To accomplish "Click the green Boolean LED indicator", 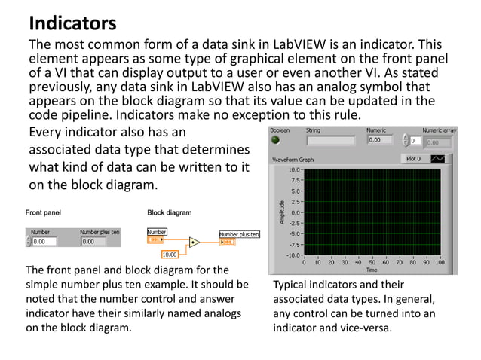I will [276, 140].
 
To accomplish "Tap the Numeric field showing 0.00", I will [381, 140].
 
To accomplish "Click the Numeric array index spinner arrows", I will [408, 141].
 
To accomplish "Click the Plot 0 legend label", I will [412, 159].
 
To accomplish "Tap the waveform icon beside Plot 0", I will [437, 159].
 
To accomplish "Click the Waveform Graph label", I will [293, 160].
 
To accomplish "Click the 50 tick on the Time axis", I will [372, 262].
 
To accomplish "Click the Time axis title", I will [372, 270].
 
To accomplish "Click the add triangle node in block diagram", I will [194, 243].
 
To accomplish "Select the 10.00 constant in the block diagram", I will [170, 255].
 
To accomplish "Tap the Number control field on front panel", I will [44, 242].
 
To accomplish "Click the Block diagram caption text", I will [170, 213].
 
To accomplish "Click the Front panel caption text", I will [44, 213].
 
